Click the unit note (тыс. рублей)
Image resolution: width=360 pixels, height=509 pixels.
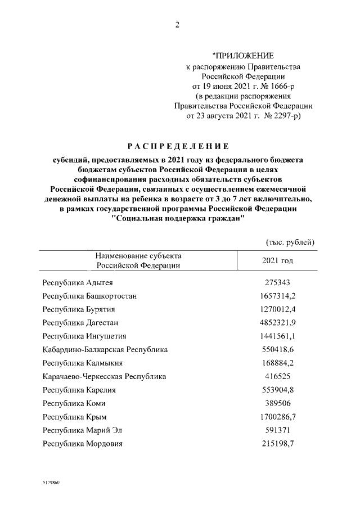point(289,242)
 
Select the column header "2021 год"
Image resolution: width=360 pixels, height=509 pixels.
point(277,261)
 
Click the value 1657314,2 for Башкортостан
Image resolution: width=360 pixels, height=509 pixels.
point(277,296)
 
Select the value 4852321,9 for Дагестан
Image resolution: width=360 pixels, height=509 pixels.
point(277,322)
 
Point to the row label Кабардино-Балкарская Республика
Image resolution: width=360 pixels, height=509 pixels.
point(105,349)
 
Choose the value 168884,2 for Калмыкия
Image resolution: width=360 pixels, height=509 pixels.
point(277,363)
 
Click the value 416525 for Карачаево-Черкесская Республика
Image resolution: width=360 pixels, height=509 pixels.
point(277,376)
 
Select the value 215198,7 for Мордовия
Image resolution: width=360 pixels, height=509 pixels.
point(277,444)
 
